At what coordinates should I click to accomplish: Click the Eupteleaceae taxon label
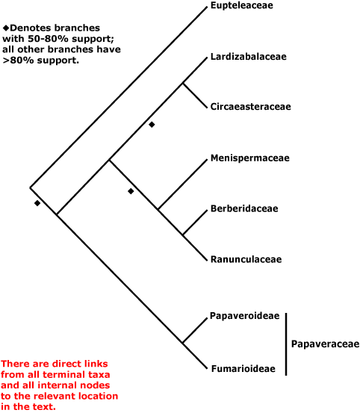tap(242, 5)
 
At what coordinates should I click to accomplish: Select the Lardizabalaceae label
tap(248, 57)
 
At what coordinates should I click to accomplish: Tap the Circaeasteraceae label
tap(251, 107)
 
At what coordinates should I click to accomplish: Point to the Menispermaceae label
tap(250, 158)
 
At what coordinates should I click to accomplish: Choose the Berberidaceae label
tap(244, 208)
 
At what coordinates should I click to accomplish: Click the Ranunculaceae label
tap(246, 259)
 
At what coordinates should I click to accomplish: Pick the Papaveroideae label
tap(245, 316)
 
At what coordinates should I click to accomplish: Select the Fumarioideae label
tap(243, 369)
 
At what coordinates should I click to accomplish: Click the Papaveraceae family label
tap(325, 344)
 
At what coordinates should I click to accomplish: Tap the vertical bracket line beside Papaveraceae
tap(286, 344)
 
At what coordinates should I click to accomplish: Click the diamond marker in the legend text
tap(6, 28)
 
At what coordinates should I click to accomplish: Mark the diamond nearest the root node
tap(37, 203)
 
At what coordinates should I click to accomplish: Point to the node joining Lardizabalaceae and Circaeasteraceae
tap(183, 84)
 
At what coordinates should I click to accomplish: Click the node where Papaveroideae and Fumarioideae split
tap(183, 343)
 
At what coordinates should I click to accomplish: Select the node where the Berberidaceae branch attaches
tap(183, 235)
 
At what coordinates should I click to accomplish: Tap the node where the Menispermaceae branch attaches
tap(158, 209)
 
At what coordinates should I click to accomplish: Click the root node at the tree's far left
tap(30, 187)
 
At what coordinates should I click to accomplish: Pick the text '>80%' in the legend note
tap(19, 60)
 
